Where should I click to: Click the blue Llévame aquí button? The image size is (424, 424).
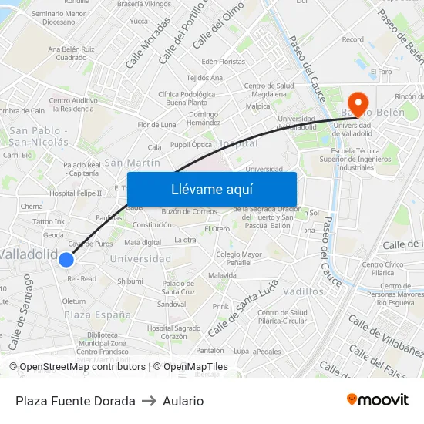(211, 189)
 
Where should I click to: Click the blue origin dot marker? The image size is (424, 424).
(66, 260)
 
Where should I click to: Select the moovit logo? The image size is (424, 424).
(378, 400)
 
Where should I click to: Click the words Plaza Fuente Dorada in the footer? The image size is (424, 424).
(76, 401)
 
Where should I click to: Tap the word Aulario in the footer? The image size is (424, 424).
(183, 401)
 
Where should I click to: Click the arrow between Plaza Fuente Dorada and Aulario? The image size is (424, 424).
(149, 401)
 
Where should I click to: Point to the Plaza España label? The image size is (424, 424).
(98, 315)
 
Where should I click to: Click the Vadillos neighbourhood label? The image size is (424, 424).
(303, 291)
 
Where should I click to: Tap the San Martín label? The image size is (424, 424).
(133, 163)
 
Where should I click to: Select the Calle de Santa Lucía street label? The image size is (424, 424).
(241, 307)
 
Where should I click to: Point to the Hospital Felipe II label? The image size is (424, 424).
(76, 193)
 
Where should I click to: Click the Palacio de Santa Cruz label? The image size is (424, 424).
(178, 288)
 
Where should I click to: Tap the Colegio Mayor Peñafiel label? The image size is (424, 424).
(239, 258)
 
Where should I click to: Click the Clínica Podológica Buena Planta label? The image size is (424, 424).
(186, 98)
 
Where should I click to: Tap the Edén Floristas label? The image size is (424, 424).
(223, 61)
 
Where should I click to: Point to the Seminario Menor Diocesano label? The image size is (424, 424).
(59, 18)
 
